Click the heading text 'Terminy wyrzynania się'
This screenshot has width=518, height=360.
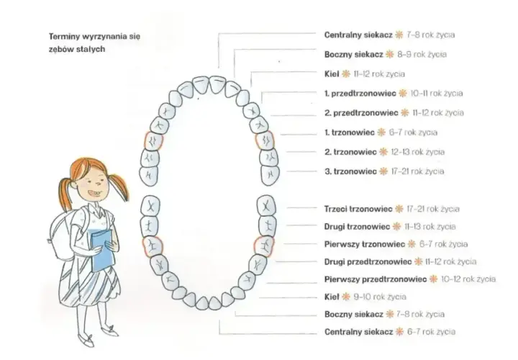point(94,37)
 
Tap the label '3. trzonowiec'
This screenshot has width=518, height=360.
point(350,171)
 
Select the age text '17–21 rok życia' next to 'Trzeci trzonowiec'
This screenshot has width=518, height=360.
point(433,209)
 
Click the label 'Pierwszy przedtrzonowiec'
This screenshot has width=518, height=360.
point(376,279)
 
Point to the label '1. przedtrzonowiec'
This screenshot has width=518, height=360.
point(360,93)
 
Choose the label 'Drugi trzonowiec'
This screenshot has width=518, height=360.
point(357,227)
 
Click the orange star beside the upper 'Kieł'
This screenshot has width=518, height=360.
point(346,73)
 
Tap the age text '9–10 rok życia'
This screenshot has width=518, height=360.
point(380,297)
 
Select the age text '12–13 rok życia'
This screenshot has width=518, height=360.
point(417,152)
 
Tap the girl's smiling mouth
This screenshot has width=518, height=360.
point(94,194)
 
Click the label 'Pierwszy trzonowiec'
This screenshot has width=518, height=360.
point(364,244)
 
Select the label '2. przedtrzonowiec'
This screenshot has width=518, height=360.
point(361,113)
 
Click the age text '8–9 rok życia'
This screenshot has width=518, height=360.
point(422,54)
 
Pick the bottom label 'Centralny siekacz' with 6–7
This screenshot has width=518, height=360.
point(359,332)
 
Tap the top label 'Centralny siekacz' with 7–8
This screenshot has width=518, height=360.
point(358,35)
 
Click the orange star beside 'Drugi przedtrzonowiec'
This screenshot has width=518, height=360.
point(418,261)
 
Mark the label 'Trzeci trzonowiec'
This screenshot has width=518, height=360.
point(358,209)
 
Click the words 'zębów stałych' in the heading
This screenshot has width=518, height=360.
point(77,49)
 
